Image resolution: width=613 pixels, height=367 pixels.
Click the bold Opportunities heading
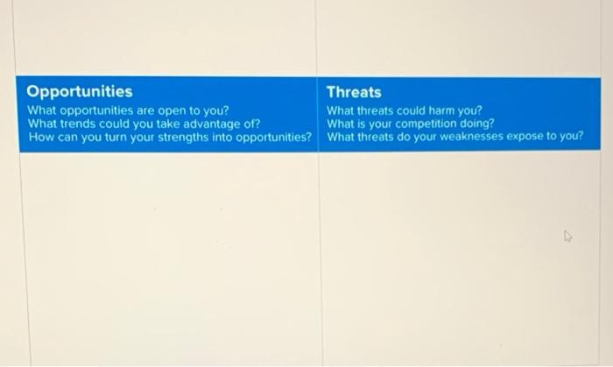coord(80,91)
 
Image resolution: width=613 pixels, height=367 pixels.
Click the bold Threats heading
coord(354,91)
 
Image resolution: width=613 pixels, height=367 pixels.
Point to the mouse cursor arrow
coord(567,236)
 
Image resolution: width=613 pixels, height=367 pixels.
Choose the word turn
coord(108,137)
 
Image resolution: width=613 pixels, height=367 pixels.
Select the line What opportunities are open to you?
coord(128,110)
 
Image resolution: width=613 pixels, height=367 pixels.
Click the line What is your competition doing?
coord(411,124)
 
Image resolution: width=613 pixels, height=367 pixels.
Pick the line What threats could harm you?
coord(405,110)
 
